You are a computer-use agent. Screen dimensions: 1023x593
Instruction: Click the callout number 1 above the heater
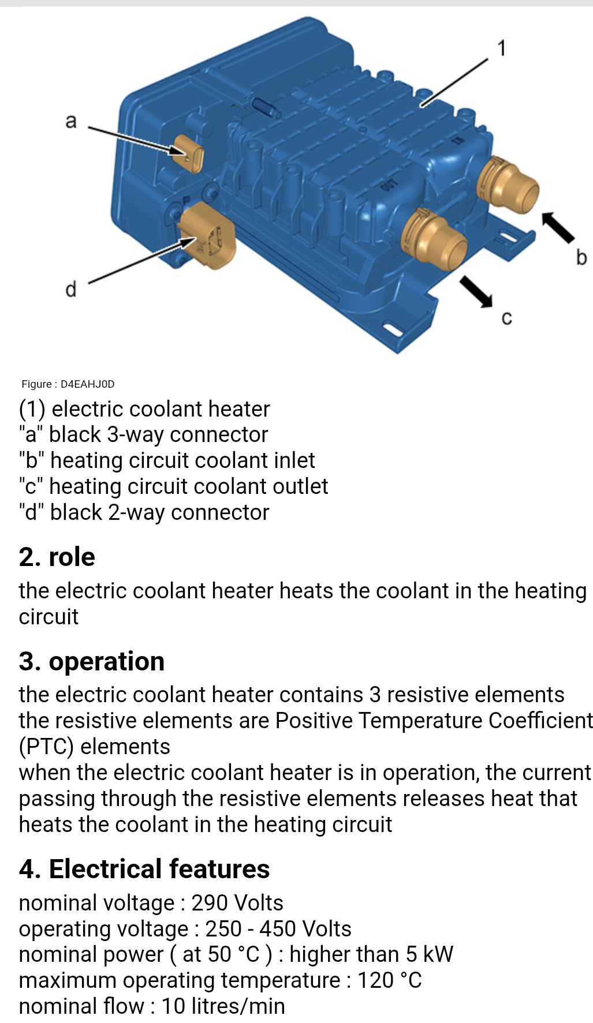[502, 48]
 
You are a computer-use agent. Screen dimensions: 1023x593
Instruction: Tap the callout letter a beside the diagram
[70, 121]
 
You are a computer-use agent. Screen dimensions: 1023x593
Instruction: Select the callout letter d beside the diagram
[70, 288]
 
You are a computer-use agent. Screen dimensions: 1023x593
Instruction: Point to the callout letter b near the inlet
[581, 257]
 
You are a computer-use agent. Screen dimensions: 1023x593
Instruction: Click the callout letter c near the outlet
[506, 317]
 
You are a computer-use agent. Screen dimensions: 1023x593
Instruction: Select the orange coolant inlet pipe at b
[511, 186]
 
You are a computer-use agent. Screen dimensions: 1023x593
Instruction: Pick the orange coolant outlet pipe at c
[436, 238]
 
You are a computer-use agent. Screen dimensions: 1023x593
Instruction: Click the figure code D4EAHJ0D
[87, 384]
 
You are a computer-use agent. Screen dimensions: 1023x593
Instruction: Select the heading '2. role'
[57, 557]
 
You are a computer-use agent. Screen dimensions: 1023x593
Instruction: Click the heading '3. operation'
[91, 661]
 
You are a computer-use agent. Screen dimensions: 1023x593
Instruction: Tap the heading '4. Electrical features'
[144, 869]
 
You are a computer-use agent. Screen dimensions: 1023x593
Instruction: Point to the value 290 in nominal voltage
[208, 903]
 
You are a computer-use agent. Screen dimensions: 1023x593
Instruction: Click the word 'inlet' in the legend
[294, 460]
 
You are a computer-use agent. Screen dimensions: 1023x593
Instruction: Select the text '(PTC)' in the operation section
[46, 747]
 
